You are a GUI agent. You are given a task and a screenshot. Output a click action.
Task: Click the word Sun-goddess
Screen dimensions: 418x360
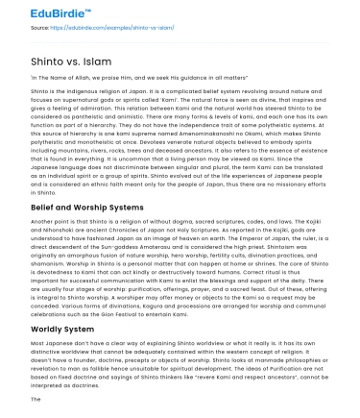tap(125, 232)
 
